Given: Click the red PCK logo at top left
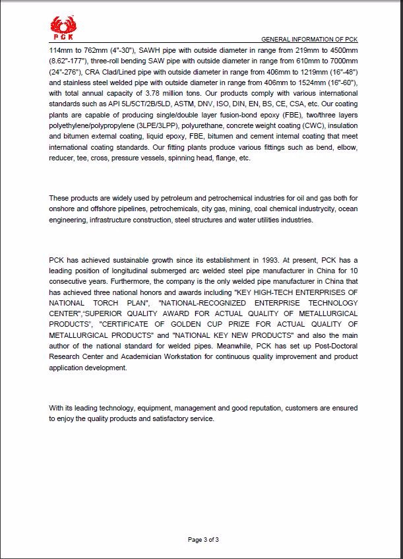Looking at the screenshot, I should [63, 28].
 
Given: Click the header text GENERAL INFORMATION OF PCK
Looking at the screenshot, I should [309, 40].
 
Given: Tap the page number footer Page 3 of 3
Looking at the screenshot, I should [203, 539].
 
